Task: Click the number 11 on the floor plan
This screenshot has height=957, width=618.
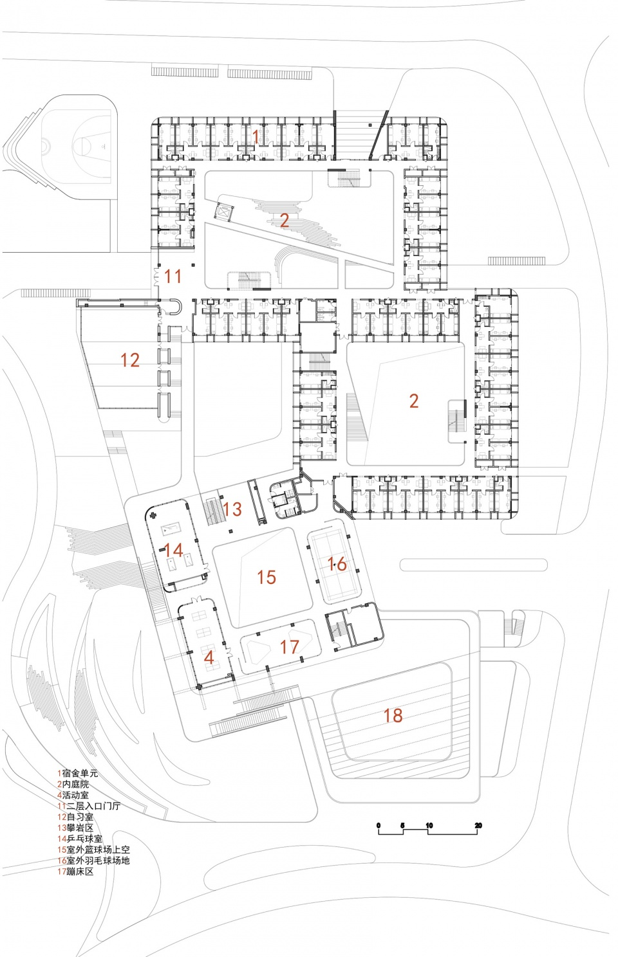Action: coord(173,277)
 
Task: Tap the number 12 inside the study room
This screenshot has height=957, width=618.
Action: coord(129,360)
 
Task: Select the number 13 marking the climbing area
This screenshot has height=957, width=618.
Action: coord(232,509)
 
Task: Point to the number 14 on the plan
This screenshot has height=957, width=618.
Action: coord(173,551)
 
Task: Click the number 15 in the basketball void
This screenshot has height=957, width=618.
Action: coord(266,578)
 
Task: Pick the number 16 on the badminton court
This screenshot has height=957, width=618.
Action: coord(337,564)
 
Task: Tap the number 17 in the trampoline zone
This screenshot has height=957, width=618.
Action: coord(290,646)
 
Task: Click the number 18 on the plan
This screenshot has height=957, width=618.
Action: coord(393,715)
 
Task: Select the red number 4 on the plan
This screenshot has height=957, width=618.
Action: coord(209,657)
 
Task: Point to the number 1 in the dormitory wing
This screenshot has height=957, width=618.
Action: coord(256,136)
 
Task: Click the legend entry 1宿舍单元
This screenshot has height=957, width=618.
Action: coord(77,773)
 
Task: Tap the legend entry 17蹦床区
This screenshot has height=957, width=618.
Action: coord(75,871)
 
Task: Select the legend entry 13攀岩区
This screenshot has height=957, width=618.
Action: coord(75,828)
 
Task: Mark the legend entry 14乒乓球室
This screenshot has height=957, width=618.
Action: coord(79,839)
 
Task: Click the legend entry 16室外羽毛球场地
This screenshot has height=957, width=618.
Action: coord(93,861)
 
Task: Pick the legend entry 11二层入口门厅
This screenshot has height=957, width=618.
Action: coord(88,806)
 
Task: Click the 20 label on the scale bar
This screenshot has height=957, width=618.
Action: coord(478,826)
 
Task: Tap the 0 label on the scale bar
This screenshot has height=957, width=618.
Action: coord(379,826)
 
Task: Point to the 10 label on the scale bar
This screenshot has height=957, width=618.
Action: coord(429,826)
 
